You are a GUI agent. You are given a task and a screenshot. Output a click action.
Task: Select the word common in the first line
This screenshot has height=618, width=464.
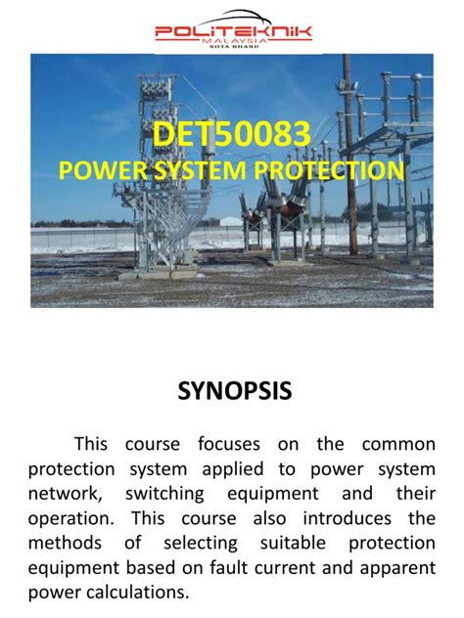pyautogui.click(x=397, y=444)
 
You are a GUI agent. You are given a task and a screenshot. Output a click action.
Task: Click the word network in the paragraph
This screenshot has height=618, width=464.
pyautogui.click(x=65, y=495)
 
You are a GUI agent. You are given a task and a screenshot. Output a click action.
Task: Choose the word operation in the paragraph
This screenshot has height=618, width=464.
pyautogui.click(x=72, y=519)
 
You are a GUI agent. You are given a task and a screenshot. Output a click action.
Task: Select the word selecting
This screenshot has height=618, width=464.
pyautogui.click(x=201, y=543)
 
